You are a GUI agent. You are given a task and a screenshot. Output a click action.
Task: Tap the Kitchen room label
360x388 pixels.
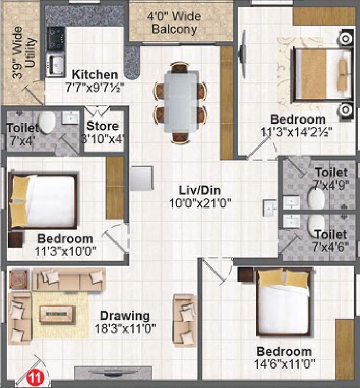pyautogui.click(x=95, y=74)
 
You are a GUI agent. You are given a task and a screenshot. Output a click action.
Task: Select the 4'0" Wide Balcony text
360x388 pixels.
pyautogui.click(x=174, y=23)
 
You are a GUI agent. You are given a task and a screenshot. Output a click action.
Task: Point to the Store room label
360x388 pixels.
pyautogui.click(x=102, y=126)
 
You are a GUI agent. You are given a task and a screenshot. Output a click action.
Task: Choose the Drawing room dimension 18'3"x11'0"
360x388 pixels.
pyautogui.click(x=124, y=328)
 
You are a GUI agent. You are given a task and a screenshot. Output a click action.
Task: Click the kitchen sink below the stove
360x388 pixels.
pyautogui.click(x=55, y=65)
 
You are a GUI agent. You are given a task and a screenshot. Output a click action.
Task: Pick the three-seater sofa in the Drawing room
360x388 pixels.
pyautogui.click(x=69, y=279)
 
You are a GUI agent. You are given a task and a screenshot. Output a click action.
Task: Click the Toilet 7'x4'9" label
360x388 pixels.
pyautogui.click(x=331, y=178)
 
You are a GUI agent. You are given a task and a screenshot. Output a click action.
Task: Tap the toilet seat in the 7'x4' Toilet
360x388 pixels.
pyautogui.click(x=47, y=122)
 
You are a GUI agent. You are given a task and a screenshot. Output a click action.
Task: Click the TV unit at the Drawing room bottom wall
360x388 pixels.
pyautogui.click(x=113, y=373)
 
